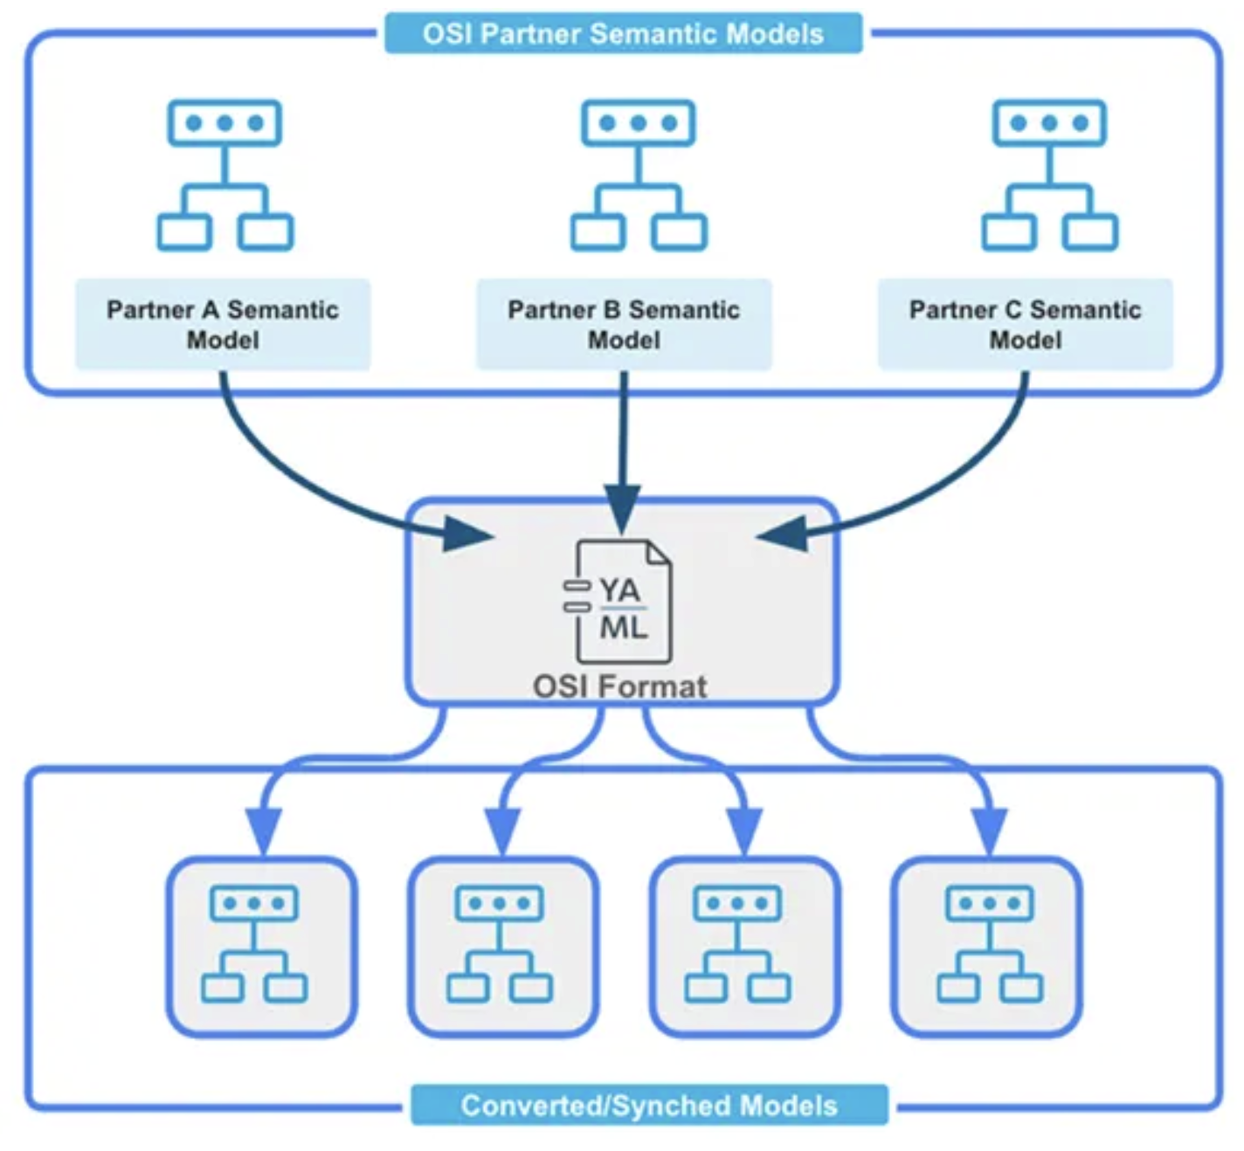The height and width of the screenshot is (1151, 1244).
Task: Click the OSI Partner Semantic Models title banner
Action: coord(623,34)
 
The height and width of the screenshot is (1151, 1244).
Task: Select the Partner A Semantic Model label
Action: coord(223,324)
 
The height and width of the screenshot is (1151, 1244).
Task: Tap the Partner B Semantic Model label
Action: coord(624,324)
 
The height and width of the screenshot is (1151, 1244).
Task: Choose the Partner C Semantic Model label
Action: coord(1025,324)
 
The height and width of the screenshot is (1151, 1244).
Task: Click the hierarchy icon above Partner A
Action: coord(225,176)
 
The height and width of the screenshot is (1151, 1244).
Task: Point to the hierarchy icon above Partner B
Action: coord(639,176)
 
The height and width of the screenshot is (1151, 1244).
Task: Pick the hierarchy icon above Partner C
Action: coord(1049,176)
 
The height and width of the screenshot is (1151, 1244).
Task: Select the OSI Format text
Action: coord(620,686)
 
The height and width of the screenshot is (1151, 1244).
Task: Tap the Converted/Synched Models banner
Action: coord(649,1106)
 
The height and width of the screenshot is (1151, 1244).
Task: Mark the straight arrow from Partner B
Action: coord(623,437)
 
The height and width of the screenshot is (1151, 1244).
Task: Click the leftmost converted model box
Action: coord(262,948)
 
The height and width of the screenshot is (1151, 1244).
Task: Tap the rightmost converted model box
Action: coord(986,948)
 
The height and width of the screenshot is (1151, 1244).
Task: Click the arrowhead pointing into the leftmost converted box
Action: coord(263,830)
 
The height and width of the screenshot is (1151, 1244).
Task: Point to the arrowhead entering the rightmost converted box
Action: coord(989,830)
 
